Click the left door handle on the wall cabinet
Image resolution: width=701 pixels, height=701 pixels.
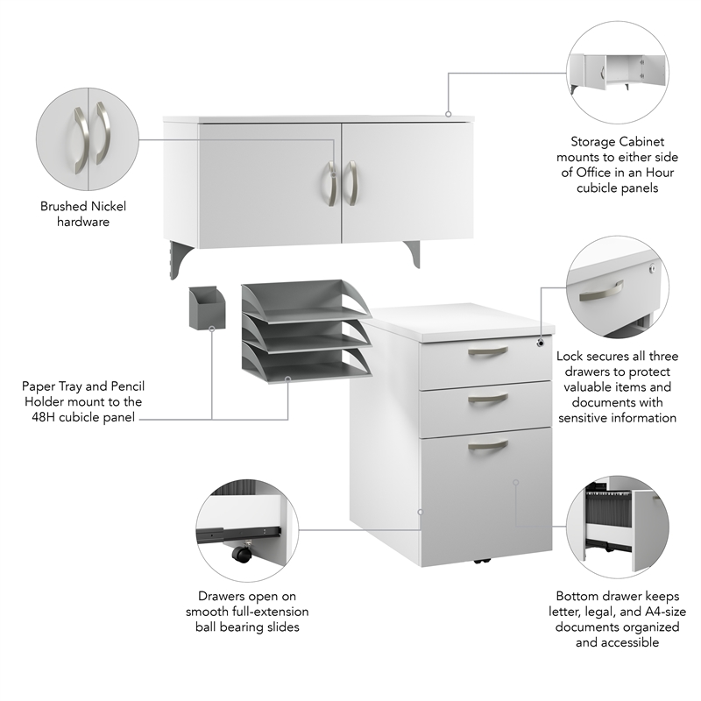tap(331, 183)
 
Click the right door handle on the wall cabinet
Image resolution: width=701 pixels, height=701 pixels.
tap(353, 183)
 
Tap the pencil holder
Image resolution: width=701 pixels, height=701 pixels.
tap(207, 308)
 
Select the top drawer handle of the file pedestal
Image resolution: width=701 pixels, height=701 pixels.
tap(488, 352)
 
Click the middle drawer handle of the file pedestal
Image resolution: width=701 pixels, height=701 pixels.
tap(488, 398)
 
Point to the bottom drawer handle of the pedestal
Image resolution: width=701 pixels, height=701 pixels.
tap(488, 445)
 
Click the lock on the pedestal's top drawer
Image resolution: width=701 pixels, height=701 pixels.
tap(541, 343)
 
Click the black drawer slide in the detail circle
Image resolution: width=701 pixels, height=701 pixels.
tap(238, 534)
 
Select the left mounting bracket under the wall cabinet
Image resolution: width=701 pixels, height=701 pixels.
tap(180, 259)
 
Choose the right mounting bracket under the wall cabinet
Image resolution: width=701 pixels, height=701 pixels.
tap(413, 253)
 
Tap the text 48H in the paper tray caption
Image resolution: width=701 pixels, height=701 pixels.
tap(43, 417)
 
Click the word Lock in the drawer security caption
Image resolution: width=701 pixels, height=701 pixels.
tap(570, 356)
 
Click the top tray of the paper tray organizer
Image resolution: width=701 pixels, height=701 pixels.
tap(306, 301)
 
